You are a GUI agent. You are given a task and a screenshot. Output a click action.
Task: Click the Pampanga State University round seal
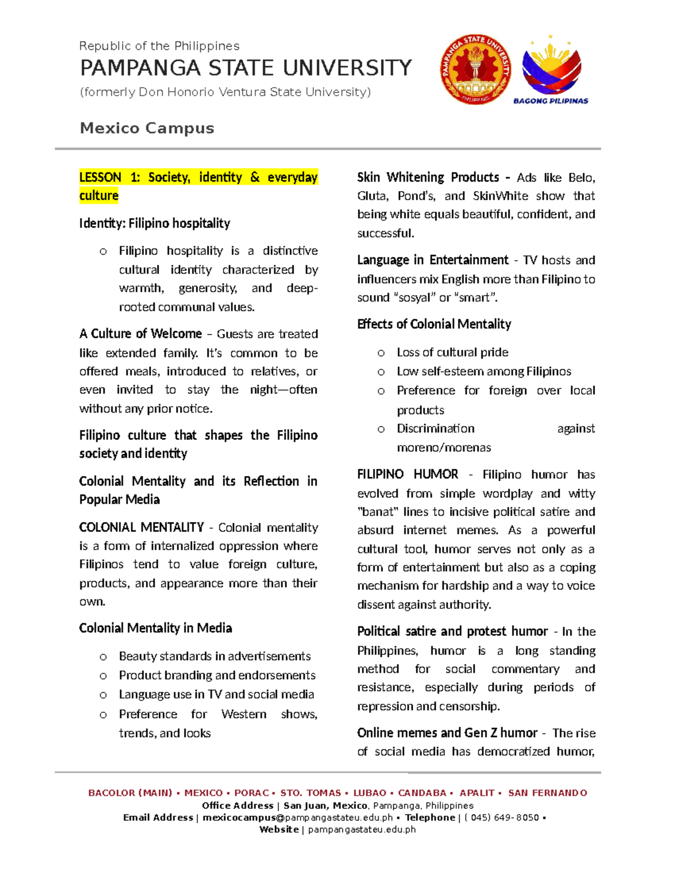[475, 69]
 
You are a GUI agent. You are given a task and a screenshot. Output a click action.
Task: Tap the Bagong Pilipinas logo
[551, 70]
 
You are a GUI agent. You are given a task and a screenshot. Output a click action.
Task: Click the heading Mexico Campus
[147, 128]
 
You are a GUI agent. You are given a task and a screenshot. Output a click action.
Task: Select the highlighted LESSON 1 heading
[198, 186]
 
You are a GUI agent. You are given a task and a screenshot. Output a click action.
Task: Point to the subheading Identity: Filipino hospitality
[155, 223]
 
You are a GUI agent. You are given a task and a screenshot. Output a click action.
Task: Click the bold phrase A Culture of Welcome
[141, 334]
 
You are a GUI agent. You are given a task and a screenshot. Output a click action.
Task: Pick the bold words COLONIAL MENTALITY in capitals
[141, 527]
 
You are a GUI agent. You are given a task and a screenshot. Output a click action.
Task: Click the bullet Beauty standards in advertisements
[214, 656]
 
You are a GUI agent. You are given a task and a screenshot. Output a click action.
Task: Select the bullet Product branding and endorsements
[217, 675]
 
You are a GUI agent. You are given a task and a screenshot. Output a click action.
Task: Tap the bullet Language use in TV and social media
[216, 694]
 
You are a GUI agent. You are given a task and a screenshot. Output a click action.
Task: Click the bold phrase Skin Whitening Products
[428, 178]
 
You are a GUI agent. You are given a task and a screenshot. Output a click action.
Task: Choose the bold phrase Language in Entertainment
[433, 260]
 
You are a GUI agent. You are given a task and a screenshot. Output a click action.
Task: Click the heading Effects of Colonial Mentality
[434, 324]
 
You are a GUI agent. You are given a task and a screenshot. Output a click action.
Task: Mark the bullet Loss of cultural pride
[452, 352]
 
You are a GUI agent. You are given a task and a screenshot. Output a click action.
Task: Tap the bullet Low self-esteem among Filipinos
[484, 372]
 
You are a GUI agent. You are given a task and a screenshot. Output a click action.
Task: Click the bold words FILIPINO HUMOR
[407, 474]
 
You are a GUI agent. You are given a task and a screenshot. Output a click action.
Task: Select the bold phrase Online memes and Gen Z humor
[447, 733]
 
